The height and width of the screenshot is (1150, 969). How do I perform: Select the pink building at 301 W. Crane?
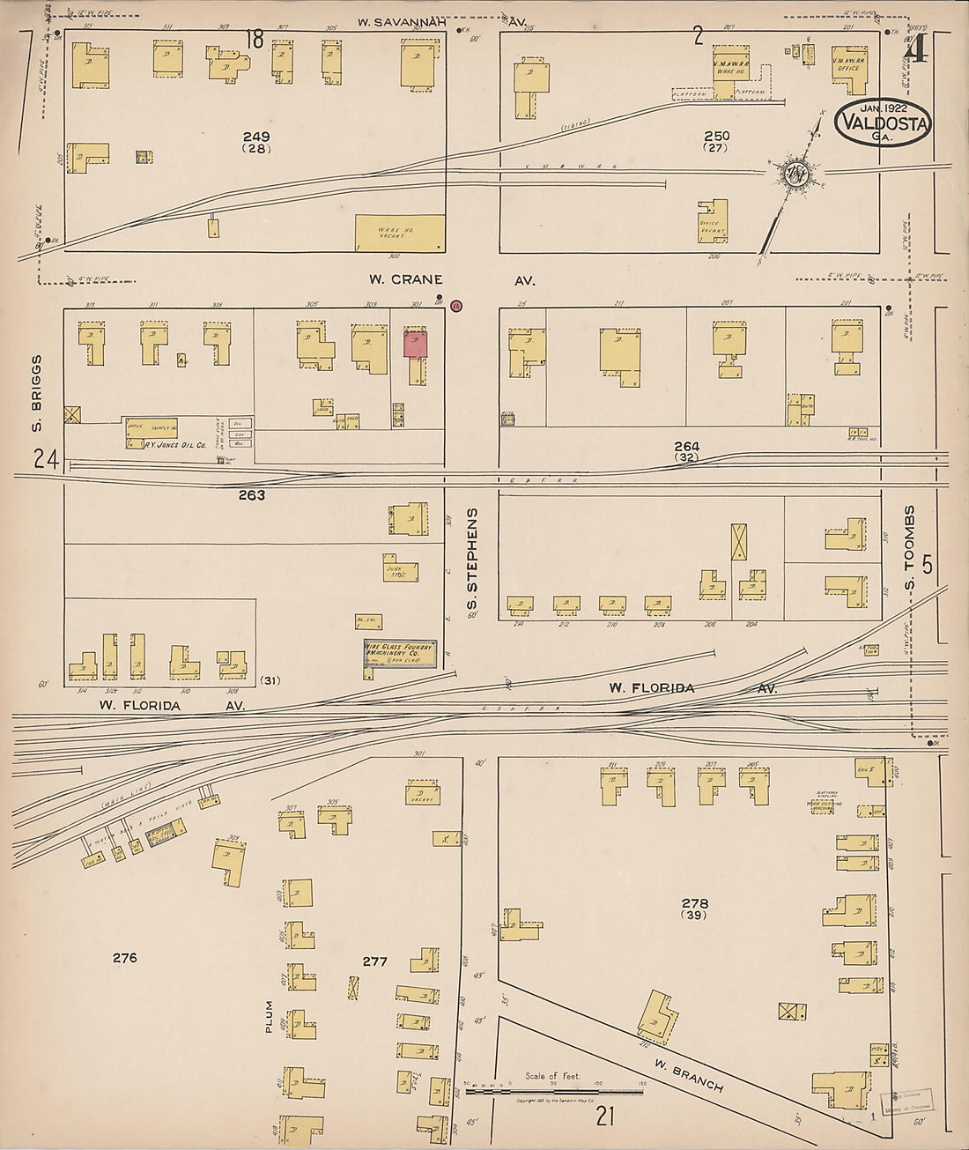[x=416, y=344]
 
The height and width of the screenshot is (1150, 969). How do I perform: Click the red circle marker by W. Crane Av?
[x=455, y=306]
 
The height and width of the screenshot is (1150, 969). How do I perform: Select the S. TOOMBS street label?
[x=911, y=548]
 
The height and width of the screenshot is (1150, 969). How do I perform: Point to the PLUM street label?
[x=270, y=1016]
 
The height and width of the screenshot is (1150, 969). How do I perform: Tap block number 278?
[x=695, y=903]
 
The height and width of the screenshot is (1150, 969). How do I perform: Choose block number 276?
[x=125, y=957]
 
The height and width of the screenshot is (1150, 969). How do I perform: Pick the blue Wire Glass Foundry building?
[x=401, y=653]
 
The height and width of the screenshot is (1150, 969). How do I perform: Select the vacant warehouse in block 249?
[x=400, y=233]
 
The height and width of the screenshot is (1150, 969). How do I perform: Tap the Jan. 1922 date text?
[x=884, y=108]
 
